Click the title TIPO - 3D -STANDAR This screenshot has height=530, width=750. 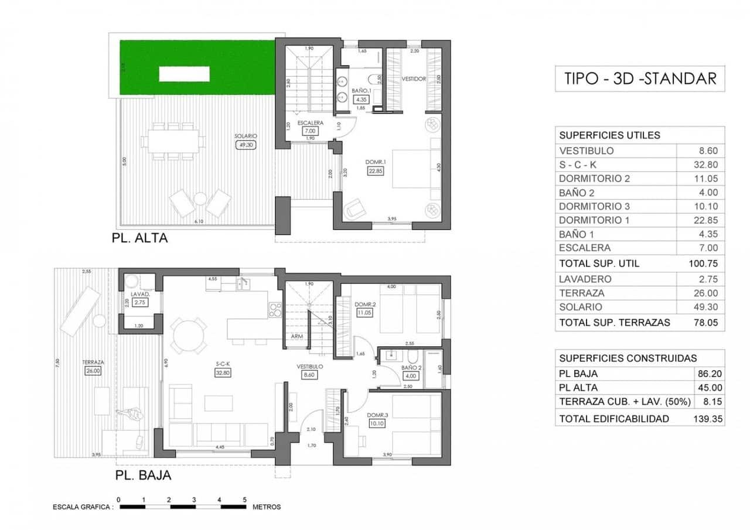click(x=639, y=78)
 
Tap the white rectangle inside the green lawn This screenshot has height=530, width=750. click(x=185, y=74)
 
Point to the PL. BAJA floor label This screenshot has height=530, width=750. click(x=143, y=476)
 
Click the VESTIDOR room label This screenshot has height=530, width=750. click(x=413, y=78)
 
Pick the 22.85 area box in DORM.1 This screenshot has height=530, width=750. click(x=376, y=170)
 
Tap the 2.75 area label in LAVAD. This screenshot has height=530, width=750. click(x=139, y=303)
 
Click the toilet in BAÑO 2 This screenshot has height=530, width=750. click(x=412, y=357)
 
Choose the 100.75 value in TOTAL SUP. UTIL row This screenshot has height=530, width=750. click(x=704, y=264)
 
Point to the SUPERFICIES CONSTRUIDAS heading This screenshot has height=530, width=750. click(x=628, y=358)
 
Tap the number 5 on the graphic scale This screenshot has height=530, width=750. click(x=244, y=499)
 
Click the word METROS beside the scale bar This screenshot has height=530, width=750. click(x=267, y=507)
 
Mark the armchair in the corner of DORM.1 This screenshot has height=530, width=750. click(x=354, y=208)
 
